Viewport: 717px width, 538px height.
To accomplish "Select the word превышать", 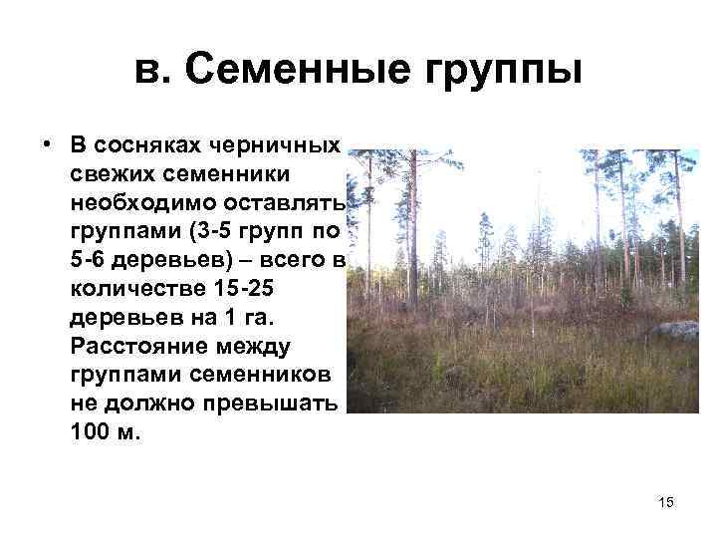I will tap(271, 406).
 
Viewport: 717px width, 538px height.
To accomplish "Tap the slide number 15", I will tap(666, 503).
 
